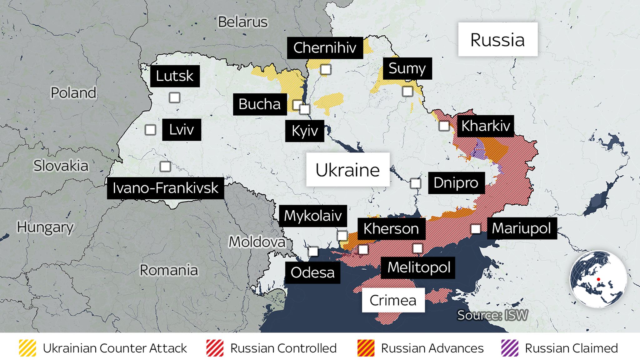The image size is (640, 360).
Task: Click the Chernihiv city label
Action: click(x=325, y=48)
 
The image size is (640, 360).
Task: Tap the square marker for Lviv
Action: click(x=150, y=130)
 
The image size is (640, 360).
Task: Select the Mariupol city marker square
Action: click(x=476, y=229)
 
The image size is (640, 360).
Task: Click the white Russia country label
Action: click(x=497, y=39)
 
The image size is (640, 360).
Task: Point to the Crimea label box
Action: click(x=393, y=300)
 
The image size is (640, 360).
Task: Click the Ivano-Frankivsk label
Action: click(x=165, y=188)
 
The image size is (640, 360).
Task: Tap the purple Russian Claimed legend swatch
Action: click(x=510, y=348)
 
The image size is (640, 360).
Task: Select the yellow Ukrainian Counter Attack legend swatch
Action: click(x=27, y=348)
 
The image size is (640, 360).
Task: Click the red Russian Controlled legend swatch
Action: click(x=215, y=348)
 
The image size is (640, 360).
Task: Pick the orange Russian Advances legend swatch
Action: click(x=366, y=348)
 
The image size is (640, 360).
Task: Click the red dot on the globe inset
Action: click(x=598, y=279)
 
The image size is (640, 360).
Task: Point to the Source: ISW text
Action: click(x=492, y=315)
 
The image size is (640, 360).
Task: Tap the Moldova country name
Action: click(x=257, y=242)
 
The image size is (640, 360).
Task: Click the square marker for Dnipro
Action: click(x=415, y=183)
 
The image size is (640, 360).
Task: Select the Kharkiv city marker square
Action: click(x=444, y=126)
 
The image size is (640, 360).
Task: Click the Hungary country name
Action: click(x=45, y=227)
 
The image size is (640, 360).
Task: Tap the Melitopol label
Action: click(x=418, y=267)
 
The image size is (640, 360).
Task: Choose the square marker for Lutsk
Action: click(x=174, y=97)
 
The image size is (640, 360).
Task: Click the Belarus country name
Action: click(x=242, y=22)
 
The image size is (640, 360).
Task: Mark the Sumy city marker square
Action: click(x=407, y=91)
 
